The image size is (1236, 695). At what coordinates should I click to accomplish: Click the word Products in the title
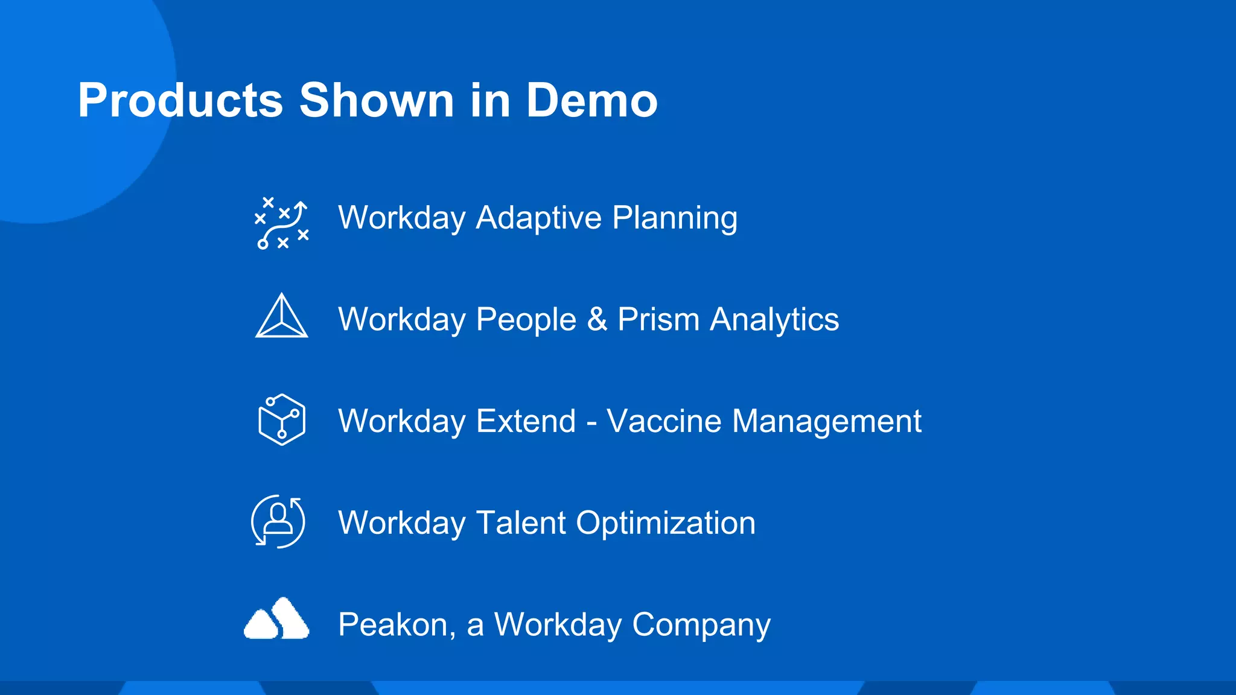coord(180,100)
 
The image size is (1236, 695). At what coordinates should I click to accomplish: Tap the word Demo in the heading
coord(591,100)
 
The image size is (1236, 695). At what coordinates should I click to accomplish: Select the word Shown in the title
coord(376,100)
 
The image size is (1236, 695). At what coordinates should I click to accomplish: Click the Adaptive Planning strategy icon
coord(281,223)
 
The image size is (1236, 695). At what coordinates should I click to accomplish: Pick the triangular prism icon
coord(281,317)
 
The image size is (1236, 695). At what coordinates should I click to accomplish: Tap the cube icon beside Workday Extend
coord(281,419)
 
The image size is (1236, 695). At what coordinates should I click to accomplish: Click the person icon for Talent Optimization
coord(278,521)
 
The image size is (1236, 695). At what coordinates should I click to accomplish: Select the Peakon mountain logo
coord(276,619)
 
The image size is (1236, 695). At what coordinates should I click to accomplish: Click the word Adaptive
coord(538,218)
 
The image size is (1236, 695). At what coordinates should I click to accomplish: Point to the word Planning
coord(674,218)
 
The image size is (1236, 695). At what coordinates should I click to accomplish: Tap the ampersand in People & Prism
coord(596,319)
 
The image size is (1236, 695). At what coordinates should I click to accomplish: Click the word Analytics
coord(774,319)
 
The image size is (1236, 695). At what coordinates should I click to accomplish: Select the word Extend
coord(526,420)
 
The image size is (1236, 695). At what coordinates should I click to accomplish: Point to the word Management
coord(826,422)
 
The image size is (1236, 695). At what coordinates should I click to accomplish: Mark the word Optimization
coord(665,524)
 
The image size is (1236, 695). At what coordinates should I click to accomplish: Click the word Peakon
coord(396,624)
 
